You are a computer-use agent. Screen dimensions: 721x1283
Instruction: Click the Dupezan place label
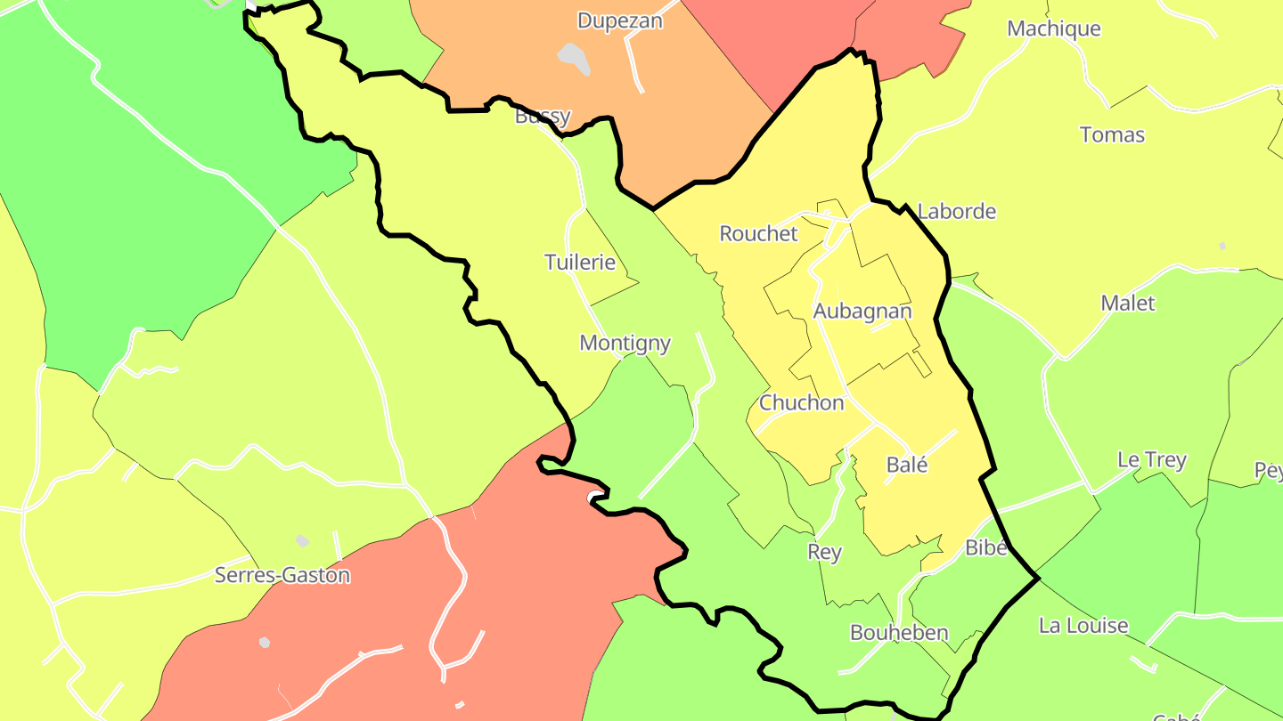click(620, 20)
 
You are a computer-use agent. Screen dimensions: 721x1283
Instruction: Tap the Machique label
click(1053, 28)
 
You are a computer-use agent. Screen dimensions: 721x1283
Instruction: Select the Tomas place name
click(1112, 135)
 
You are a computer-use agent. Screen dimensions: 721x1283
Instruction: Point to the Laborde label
click(956, 212)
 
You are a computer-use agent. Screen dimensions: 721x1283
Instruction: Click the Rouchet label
click(758, 233)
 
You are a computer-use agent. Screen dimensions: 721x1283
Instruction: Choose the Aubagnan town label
click(862, 311)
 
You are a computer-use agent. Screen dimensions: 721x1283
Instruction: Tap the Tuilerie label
click(580, 262)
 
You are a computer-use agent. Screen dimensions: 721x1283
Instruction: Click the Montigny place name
click(625, 343)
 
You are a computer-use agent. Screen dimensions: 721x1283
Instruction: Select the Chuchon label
click(801, 402)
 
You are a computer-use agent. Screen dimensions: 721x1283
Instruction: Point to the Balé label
click(907, 465)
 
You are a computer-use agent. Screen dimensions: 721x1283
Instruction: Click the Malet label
click(1127, 304)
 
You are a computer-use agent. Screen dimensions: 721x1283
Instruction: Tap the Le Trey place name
click(1151, 460)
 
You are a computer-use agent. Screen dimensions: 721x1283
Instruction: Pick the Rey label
click(824, 552)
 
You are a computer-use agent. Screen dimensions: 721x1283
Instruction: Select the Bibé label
click(986, 547)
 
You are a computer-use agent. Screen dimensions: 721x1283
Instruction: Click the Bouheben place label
click(899, 633)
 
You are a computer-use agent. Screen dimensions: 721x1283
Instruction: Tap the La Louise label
click(1083, 626)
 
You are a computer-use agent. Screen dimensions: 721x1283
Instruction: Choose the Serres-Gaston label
click(282, 575)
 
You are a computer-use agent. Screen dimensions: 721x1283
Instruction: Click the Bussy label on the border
click(542, 117)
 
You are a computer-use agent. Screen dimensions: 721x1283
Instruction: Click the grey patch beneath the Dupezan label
click(575, 58)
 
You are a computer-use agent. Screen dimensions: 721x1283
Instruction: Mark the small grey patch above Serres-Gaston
click(303, 540)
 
